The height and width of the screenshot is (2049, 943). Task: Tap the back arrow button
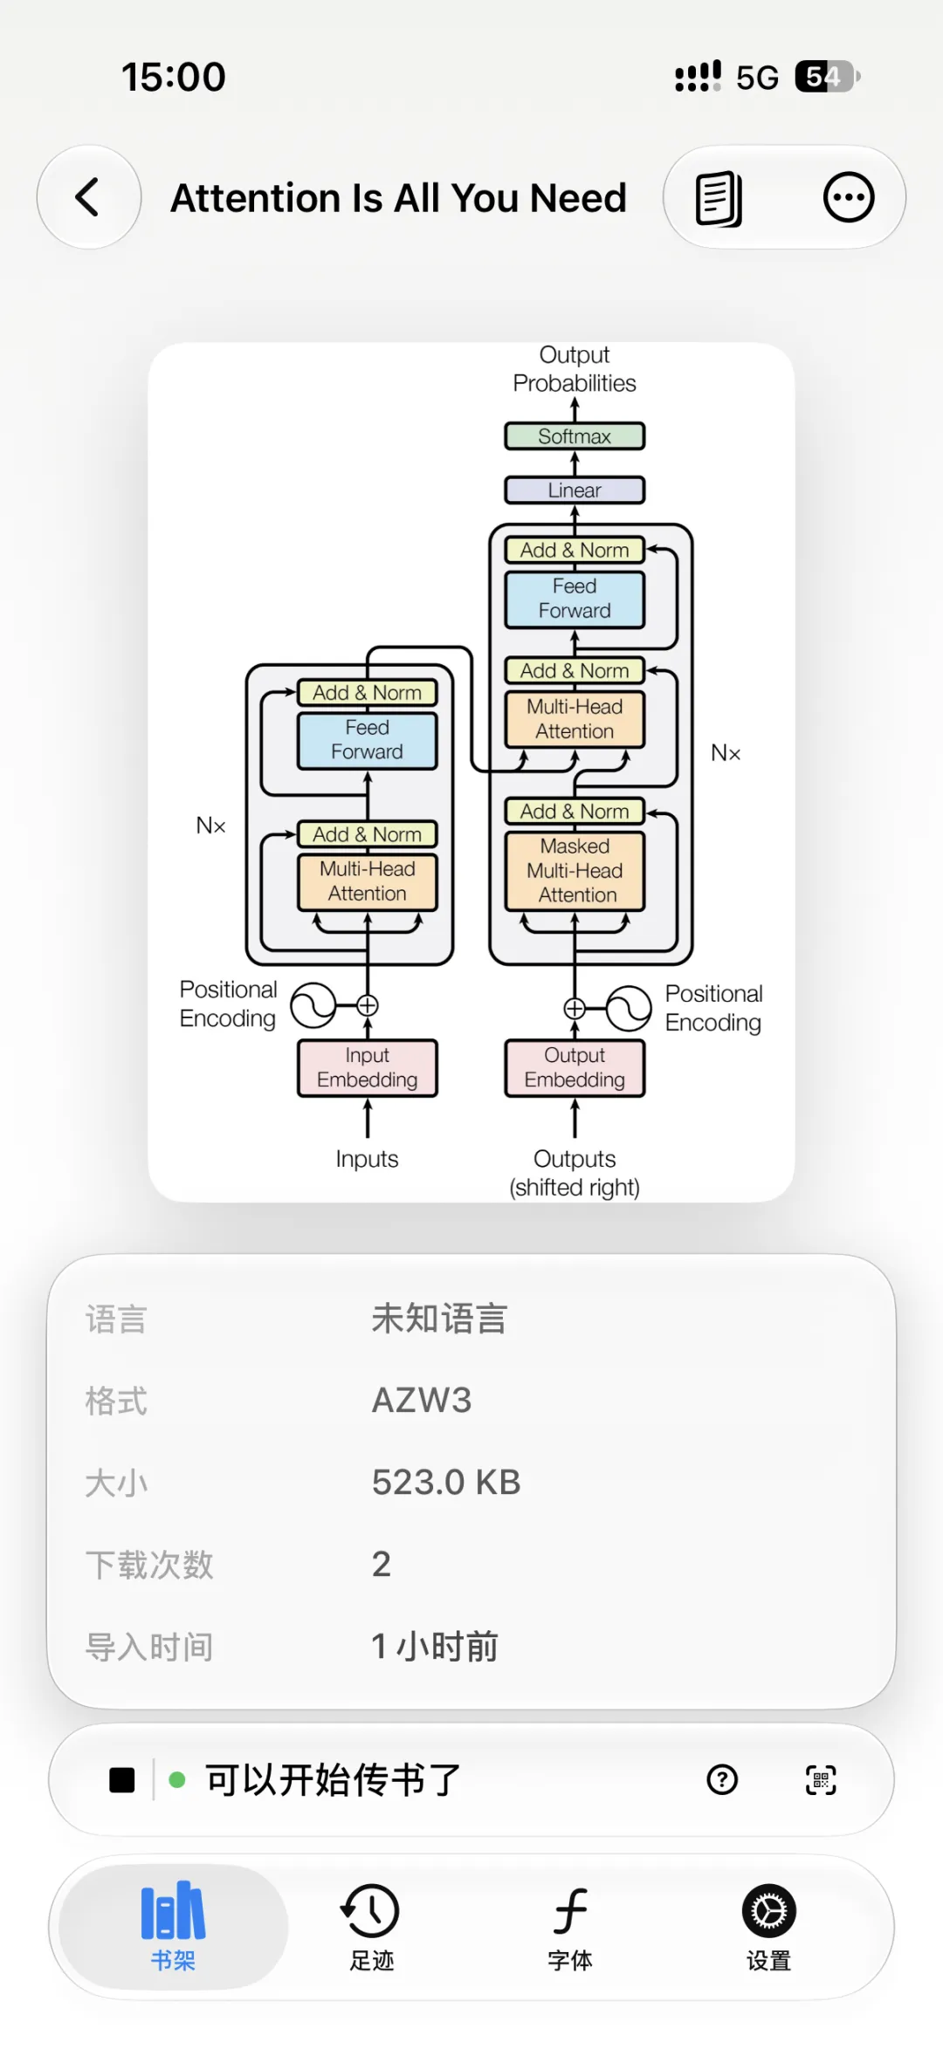[x=88, y=197]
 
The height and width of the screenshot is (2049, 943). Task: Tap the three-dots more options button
[x=849, y=197]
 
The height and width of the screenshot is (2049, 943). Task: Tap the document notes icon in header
[x=719, y=199]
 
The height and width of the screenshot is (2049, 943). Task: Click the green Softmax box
[x=575, y=436]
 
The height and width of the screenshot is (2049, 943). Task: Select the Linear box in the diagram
[x=575, y=490]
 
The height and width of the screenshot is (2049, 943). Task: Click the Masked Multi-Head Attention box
[x=575, y=870]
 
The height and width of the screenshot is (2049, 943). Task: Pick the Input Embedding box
[x=368, y=1067]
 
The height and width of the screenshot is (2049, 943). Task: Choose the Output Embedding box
[x=575, y=1067]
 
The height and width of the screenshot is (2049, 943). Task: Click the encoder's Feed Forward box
[x=368, y=740]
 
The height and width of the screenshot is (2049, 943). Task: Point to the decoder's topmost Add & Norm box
[x=575, y=550]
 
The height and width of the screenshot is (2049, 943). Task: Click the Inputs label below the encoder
[x=367, y=1159]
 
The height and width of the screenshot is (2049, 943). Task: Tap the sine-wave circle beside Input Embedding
[x=313, y=1005]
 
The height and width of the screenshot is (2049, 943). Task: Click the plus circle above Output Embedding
[x=575, y=1009]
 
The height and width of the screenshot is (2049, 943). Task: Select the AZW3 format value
[x=422, y=1401]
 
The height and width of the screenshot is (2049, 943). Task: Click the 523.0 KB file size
[x=446, y=1483]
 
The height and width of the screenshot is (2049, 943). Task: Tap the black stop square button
[x=122, y=1780]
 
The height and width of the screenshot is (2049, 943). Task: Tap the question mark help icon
[x=722, y=1779]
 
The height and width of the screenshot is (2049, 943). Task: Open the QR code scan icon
[x=821, y=1780]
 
